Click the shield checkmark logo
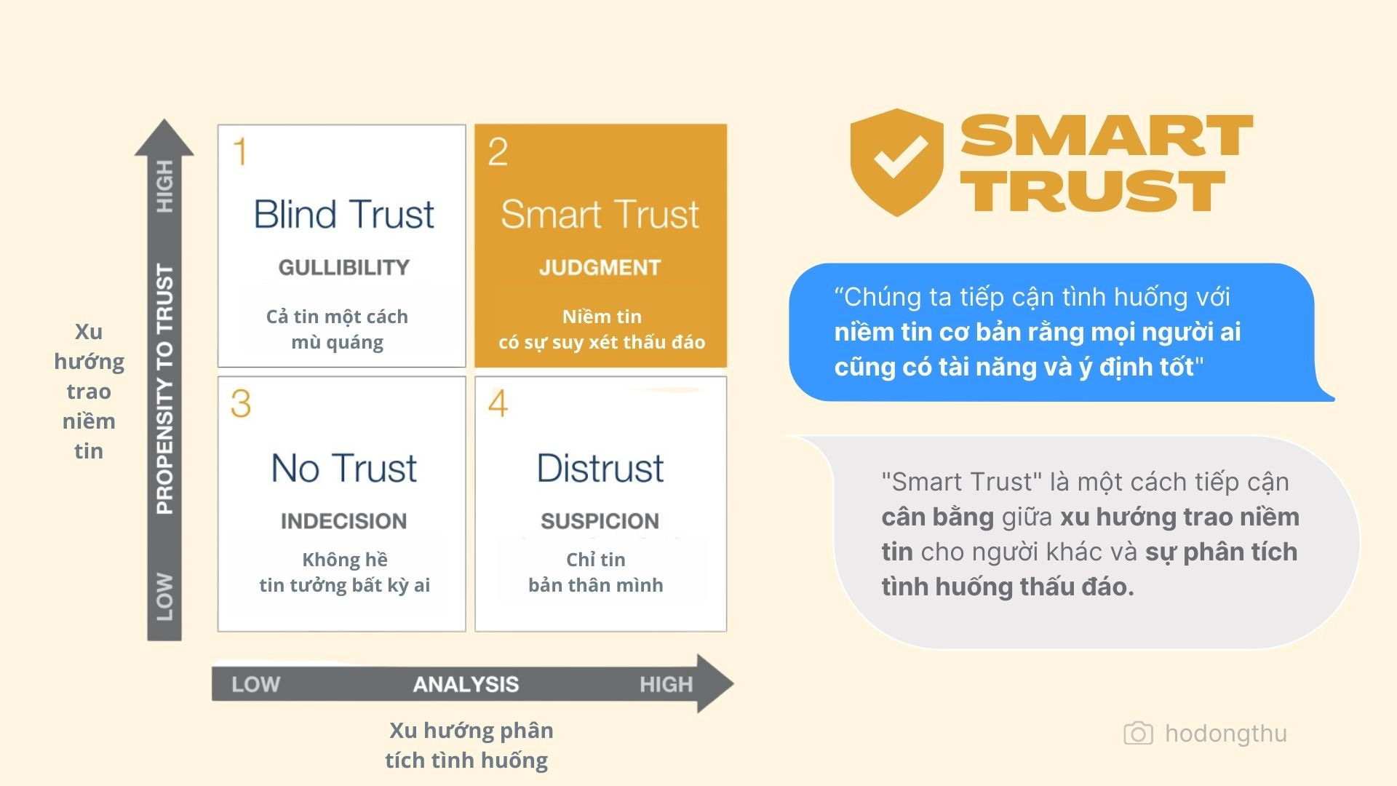pos(896,162)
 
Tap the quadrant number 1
pos(239,152)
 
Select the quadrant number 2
pos(498,152)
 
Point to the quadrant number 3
pos(240,403)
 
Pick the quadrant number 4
pos(498,403)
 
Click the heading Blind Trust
pos(343,215)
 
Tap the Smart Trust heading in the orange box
pos(600,215)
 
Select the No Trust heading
pos(343,468)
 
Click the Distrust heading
pos(600,468)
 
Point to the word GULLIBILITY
pos(343,268)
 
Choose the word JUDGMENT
pos(600,268)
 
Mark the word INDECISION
pos(343,521)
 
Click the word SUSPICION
pos(600,521)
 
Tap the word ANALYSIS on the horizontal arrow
pos(466,685)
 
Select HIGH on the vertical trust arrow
pos(165,186)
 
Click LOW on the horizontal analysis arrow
pos(255,685)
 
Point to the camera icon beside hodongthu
pos(1138,734)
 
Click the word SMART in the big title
pos(1106,136)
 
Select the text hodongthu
pos(1225,734)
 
